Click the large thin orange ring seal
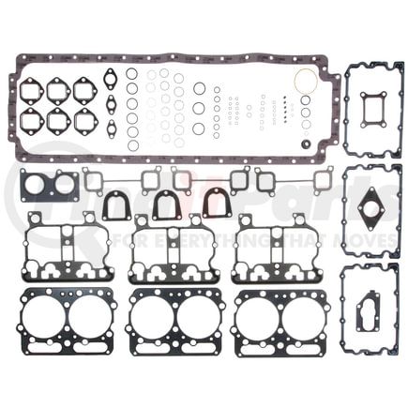click(x=306, y=82)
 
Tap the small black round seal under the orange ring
click(x=306, y=144)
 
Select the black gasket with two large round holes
click(x=49, y=186)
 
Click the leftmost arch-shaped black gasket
click(x=117, y=205)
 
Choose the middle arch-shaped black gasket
click(x=166, y=204)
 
